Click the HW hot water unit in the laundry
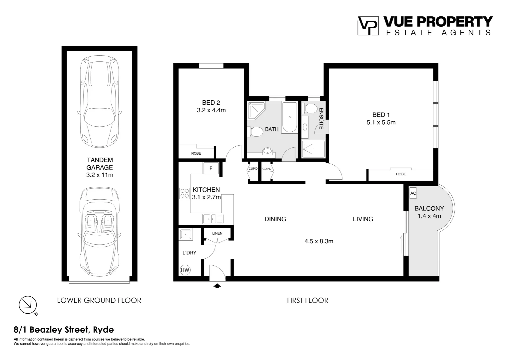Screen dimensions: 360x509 click(x=185, y=270)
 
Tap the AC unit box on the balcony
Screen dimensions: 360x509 click(x=413, y=193)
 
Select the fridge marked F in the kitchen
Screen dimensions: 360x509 click(x=211, y=168)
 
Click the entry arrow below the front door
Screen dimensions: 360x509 click(x=217, y=286)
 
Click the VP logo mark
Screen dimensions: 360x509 click(x=368, y=26)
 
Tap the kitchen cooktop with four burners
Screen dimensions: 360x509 click(x=185, y=194)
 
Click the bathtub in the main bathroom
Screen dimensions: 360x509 click(x=289, y=117)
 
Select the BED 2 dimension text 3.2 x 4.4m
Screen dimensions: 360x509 click(x=211, y=110)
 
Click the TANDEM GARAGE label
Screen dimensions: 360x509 click(x=100, y=164)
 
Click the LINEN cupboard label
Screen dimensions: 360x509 click(x=217, y=233)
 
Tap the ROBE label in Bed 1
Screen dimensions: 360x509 click(x=401, y=174)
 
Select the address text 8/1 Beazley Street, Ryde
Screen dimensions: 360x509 click(x=64, y=330)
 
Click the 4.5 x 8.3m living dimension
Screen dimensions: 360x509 click(x=319, y=241)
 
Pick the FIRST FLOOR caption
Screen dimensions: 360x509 click(x=307, y=300)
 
